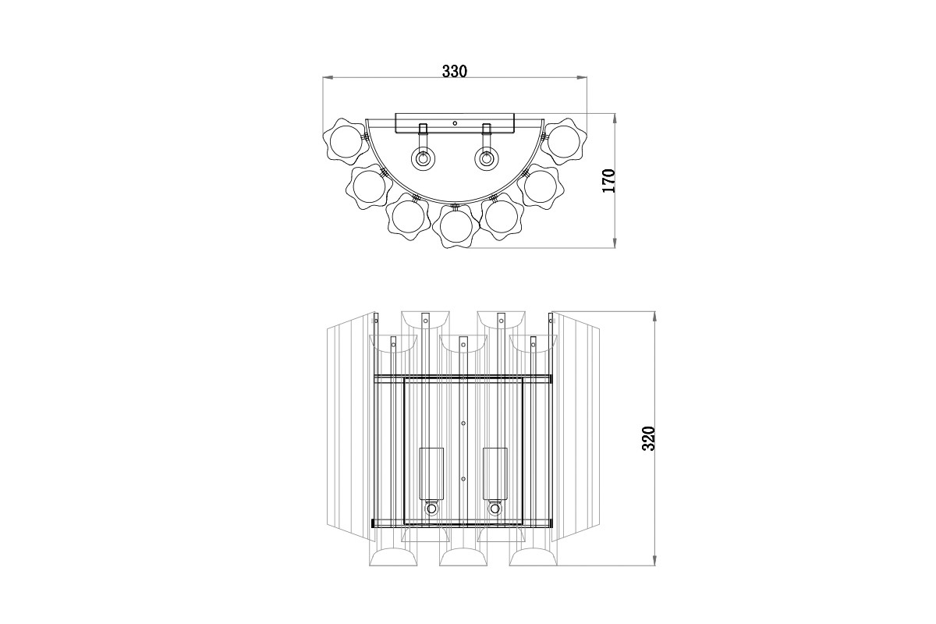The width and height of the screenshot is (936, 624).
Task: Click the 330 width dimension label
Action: pyautogui.click(x=454, y=72)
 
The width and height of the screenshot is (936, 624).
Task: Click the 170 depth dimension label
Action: pyautogui.click(x=610, y=180)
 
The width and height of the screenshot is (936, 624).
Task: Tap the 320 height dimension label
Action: pyautogui.click(x=647, y=439)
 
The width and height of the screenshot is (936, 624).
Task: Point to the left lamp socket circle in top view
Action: pyautogui.click(x=424, y=158)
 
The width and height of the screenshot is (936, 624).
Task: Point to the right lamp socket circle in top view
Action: pyautogui.click(x=487, y=158)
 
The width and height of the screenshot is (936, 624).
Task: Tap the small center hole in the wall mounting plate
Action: pyautogui.click(x=455, y=122)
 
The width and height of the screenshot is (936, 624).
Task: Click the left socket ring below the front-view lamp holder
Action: pyautogui.click(x=431, y=509)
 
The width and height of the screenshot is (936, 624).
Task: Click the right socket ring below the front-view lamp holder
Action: pyautogui.click(x=495, y=509)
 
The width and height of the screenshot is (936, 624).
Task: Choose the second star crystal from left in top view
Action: pyautogui.click(x=369, y=186)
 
